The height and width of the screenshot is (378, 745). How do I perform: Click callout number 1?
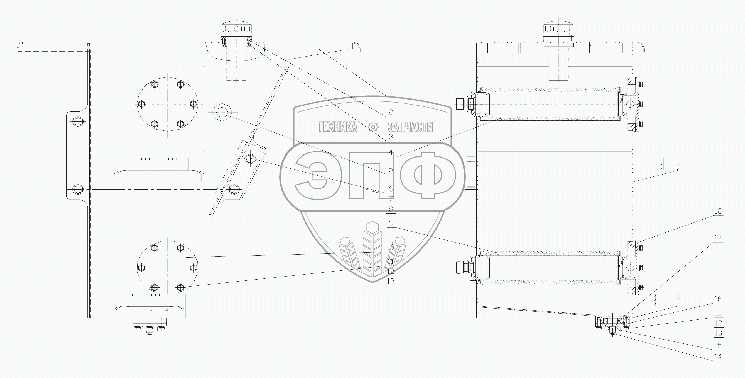tap(390, 92)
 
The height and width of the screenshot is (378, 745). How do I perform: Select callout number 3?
tap(390, 136)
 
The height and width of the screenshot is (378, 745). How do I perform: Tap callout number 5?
tap(390, 169)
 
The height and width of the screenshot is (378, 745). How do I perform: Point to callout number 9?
tap(391, 223)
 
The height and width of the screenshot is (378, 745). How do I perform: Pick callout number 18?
tap(718, 211)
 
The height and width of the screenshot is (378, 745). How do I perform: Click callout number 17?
tap(718, 238)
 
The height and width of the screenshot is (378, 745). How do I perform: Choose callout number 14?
tap(718, 357)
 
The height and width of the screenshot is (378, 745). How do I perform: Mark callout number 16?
tap(718, 299)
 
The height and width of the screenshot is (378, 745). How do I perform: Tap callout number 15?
tap(718, 345)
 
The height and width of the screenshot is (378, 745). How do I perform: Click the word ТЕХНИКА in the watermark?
tap(337, 127)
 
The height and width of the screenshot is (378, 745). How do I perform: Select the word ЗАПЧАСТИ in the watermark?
tap(410, 127)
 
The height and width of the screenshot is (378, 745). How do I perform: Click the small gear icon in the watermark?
tap(373, 127)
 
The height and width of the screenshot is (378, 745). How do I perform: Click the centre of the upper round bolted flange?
tap(168, 104)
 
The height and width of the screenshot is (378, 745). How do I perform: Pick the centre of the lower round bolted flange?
tap(168, 267)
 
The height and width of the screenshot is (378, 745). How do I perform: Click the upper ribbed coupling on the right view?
tap(462, 104)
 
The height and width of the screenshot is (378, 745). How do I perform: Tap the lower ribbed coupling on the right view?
tap(462, 267)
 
